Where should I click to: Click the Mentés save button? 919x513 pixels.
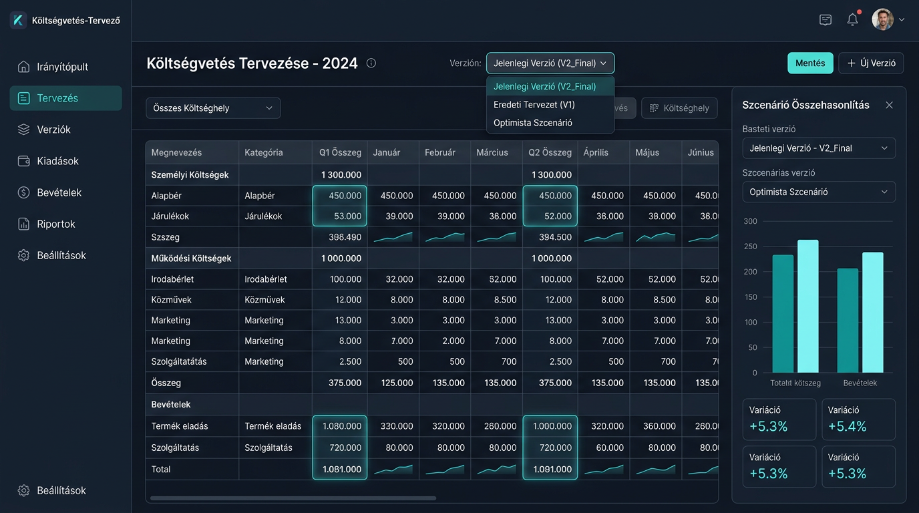[810, 63]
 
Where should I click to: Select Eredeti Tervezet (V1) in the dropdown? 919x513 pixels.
[534, 105]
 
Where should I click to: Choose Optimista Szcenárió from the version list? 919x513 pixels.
[532, 123]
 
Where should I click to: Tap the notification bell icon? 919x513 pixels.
[852, 19]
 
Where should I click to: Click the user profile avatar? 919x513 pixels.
[882, 19]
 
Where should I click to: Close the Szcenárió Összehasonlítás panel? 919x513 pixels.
[889, 105]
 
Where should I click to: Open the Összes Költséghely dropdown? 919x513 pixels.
[213, 108]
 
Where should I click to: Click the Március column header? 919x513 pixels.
[492, 153]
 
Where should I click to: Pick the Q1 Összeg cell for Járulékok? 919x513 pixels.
[340, 216]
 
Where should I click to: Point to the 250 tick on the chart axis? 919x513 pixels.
[751, 246]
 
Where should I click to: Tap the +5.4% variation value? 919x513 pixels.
[847, 427]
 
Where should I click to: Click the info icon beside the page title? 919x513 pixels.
[371, 63]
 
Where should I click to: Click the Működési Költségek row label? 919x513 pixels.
[191, 259]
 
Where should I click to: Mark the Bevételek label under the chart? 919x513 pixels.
[860, 383]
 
